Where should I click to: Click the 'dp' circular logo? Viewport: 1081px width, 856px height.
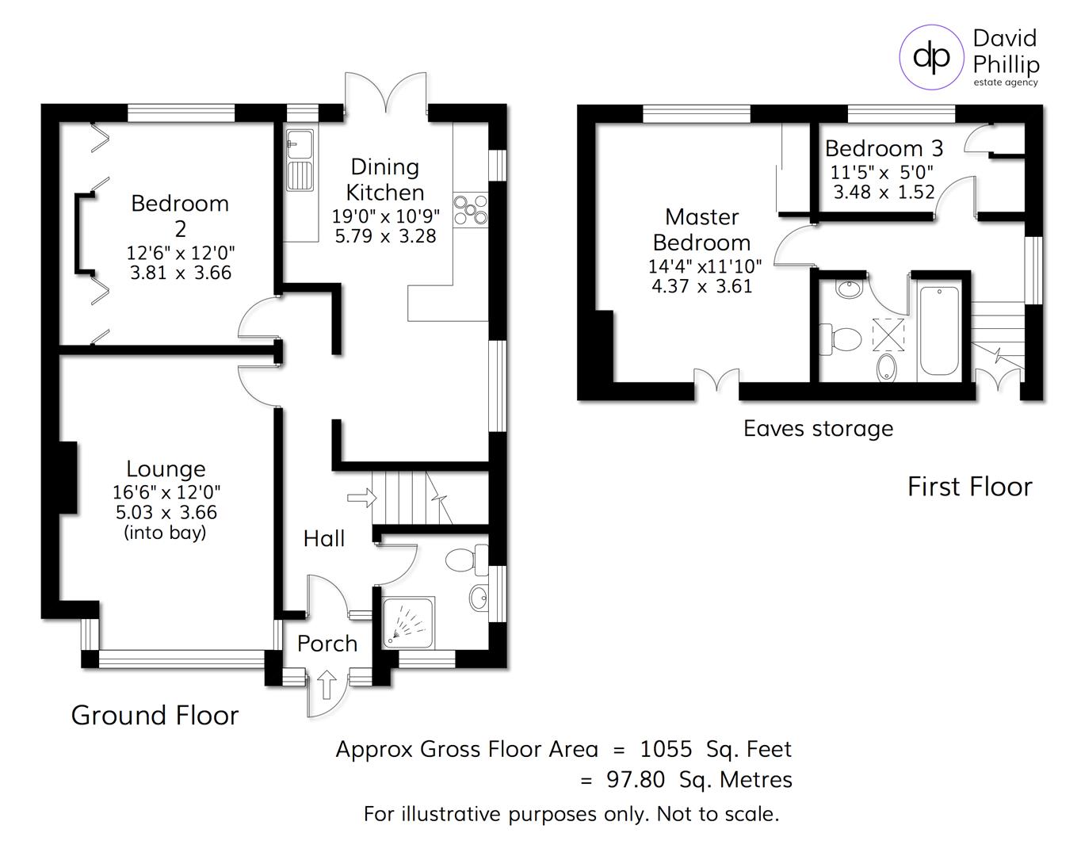point(931,56)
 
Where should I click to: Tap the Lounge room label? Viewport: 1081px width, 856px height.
point(166,469)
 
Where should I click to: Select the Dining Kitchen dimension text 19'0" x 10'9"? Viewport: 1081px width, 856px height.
point(385,216)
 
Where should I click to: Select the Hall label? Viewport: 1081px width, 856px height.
point(323,539)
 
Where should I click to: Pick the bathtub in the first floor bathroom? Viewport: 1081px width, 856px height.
point(939,331)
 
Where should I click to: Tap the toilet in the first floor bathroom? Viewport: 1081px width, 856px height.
point(842,339)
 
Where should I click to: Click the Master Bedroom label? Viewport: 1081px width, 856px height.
point(701,230)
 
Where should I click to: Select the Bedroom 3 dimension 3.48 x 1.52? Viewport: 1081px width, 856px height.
point(884,193)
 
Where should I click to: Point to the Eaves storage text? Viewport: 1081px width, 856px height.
point(818,429)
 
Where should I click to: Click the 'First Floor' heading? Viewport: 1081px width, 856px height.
point(969,487)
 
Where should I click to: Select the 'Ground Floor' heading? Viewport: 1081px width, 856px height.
point(155,716)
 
